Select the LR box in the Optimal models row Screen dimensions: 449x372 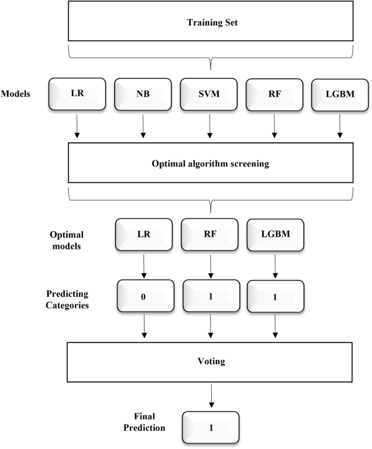[143, 234]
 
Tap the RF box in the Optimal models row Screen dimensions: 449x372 [209, 234]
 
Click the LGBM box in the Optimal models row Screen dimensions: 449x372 [274, 234]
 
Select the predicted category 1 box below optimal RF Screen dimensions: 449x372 [209, 297]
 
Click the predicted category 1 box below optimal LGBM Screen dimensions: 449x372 [274, 297]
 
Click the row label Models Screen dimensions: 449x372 [15, 93]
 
